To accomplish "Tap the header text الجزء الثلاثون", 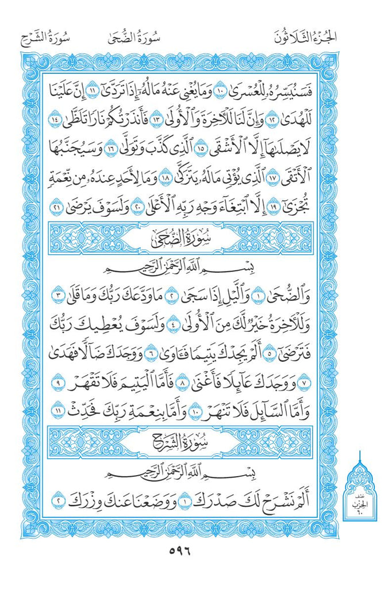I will tap(305, 39).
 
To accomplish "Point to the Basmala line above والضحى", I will tap(183, 269).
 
